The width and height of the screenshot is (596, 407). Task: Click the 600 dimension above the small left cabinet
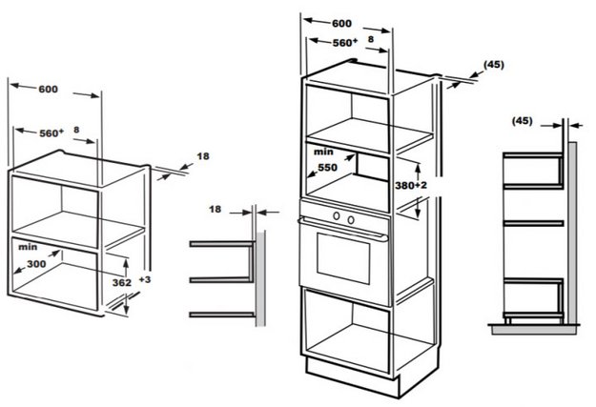[x=48, y=90]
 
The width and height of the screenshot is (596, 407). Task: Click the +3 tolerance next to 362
[x=143, y=280]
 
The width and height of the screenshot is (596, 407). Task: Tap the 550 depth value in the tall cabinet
[x=329, y=166]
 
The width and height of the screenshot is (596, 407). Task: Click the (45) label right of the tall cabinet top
[x=494, y=64]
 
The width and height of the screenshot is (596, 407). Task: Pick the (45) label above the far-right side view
[x=522, y=121]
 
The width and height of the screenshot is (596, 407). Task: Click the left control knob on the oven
[x=337, y=219]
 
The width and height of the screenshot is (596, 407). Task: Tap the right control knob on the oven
[x=352, y=219]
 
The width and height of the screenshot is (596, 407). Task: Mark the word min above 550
[x=321, y=151]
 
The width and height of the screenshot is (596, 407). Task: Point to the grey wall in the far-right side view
[x=575, y=229]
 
